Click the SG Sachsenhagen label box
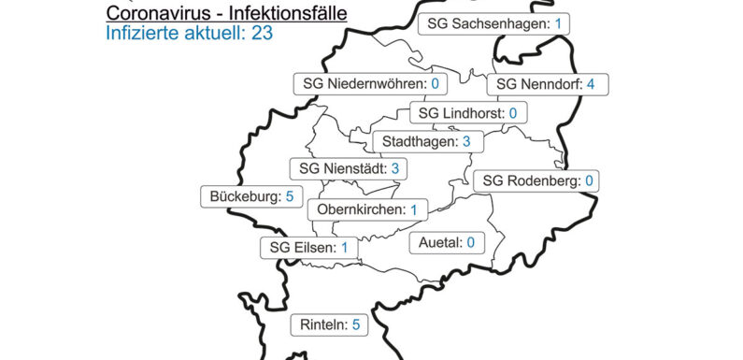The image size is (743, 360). coord(493,23)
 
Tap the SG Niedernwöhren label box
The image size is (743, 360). coord(370,84)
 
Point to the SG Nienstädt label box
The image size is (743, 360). coord(350,169)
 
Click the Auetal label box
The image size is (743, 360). coord(447,243)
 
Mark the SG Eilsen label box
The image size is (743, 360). coord(308,248)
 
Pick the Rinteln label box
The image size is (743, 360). coord(330,325)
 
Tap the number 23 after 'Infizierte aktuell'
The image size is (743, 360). coord(262,36)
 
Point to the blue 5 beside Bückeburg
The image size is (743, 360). coord(290,196)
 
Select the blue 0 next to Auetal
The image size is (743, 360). coord(471,243)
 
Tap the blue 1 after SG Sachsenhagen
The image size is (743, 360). coord(557,23)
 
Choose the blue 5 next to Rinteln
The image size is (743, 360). coord(355,325)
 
